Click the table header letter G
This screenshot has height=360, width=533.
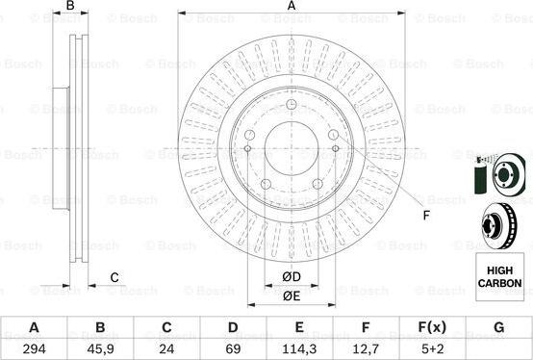[x=498, y=327]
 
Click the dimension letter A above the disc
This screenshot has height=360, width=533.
[x=292, y=7]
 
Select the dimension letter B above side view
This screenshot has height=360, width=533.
[x=70, y=7]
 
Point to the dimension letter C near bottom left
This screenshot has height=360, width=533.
[x=114, y=279]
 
